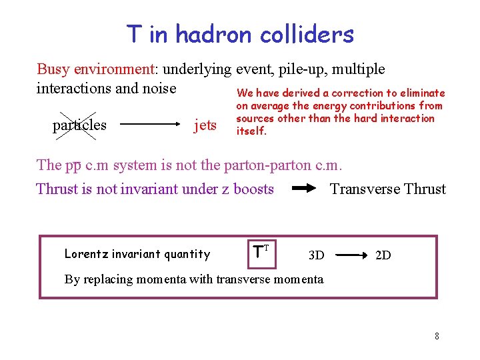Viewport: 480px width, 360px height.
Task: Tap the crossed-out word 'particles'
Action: (79, 125)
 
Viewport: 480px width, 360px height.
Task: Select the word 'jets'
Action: (205, 125)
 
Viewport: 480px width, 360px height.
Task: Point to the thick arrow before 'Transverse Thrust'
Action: (305, 189)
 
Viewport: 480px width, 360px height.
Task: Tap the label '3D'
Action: (316, 255)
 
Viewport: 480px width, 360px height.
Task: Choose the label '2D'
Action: (383, 255)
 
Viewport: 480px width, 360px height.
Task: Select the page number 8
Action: (437, 336)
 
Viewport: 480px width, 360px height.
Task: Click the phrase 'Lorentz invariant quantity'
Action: (137, 254)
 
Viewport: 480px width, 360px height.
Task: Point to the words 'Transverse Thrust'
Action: (388, 189)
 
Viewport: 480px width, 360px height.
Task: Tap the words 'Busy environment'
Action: (96, 69)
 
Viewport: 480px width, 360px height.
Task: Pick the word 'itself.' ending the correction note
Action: (251, 131)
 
